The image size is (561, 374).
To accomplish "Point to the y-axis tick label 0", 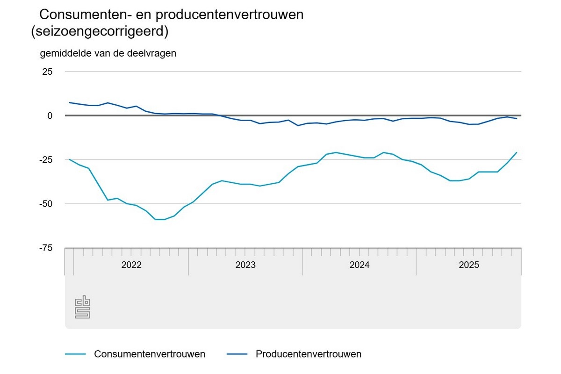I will [x=49, y=115].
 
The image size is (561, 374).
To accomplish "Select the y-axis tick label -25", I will [x=45, y=160].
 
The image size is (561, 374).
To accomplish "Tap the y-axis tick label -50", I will [x=45, y=204].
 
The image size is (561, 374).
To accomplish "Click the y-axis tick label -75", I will [x=45, y=248].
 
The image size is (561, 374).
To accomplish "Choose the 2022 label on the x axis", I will [x=131, y=265].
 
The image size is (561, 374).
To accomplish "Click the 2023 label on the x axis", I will [x=245, y=265].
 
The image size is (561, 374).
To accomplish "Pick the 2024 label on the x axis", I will [x=359, y=265].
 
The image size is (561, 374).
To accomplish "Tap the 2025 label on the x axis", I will [x=468, y=265].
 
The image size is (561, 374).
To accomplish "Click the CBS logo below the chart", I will [x=82, y=307].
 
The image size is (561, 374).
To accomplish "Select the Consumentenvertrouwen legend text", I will [x=150, y=354].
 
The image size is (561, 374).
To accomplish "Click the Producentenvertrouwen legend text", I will [x=309, y=354].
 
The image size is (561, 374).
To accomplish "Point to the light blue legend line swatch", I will [x=75, y=354].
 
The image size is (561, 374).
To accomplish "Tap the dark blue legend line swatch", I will [x=237, y=354].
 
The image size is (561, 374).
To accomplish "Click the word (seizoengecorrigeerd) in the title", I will [x=99, y=32].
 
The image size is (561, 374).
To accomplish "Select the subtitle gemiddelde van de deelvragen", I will [x=108, y=53].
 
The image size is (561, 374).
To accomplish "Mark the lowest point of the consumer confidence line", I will [x=159, y=219].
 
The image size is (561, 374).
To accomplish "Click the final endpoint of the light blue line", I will [x=517, y=152].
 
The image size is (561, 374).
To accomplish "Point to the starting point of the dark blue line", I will [x=70, y=102].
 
